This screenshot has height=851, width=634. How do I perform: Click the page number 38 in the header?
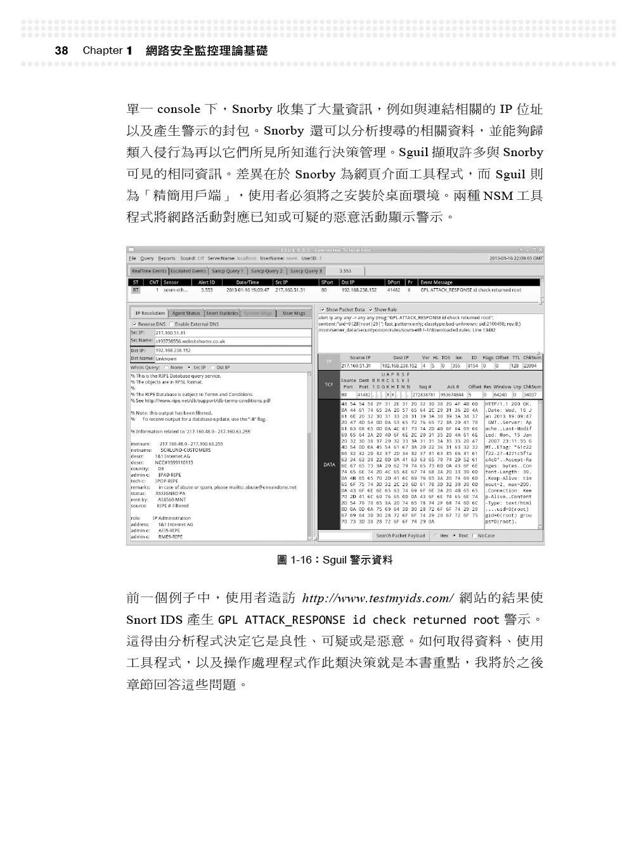61,51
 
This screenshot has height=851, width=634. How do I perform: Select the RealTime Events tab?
148,271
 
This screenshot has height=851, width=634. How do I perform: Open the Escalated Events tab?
188,271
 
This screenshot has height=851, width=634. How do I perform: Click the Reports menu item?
167,258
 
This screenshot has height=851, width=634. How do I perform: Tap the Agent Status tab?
186,313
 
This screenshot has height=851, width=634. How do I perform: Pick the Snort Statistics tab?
223,313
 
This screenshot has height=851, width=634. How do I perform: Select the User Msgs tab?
294,313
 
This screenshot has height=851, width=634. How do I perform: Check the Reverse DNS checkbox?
134,324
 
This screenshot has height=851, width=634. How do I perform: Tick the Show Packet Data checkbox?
323,310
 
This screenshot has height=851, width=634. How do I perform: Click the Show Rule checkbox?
371,310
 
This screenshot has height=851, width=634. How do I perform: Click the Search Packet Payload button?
400,536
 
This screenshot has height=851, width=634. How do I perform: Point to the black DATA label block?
329,465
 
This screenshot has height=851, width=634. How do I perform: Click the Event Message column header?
437,282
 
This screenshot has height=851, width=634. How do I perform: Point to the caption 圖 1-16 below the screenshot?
335,560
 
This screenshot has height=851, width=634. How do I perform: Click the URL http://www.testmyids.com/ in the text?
378,598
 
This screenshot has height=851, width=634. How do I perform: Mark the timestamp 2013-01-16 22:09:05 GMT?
516,258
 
